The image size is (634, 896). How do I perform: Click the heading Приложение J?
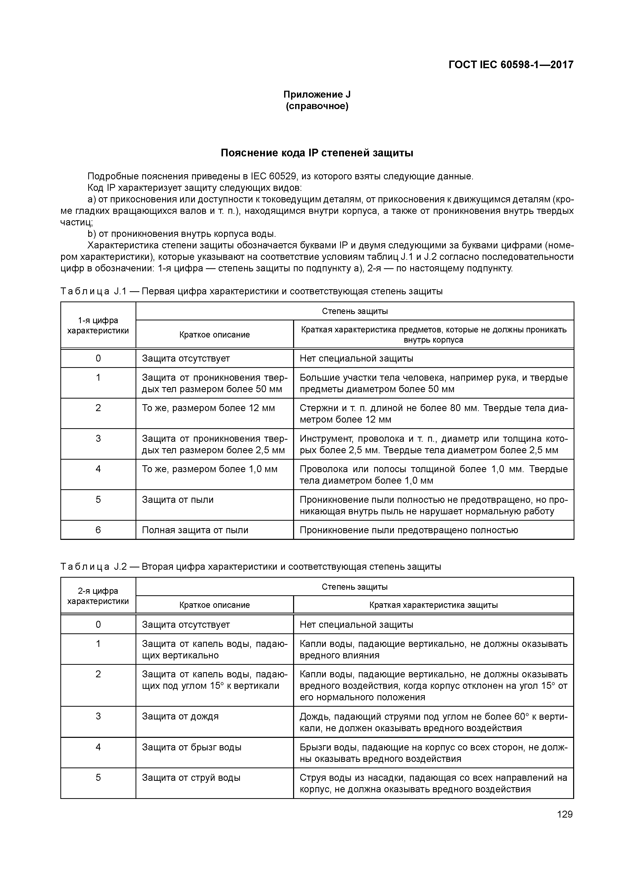317,95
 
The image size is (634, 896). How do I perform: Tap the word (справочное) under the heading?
317,106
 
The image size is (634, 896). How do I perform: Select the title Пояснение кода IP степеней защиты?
317,153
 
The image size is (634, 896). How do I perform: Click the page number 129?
564,814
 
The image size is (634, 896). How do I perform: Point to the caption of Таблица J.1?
252,292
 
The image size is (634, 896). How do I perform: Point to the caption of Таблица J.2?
251,567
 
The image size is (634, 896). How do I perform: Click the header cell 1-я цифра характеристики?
98,325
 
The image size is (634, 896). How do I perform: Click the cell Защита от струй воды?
191,777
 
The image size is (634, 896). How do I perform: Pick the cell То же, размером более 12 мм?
208,408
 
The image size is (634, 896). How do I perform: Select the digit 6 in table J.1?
98,530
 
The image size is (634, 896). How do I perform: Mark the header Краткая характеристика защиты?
433,605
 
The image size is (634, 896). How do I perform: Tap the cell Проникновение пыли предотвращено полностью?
409,530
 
